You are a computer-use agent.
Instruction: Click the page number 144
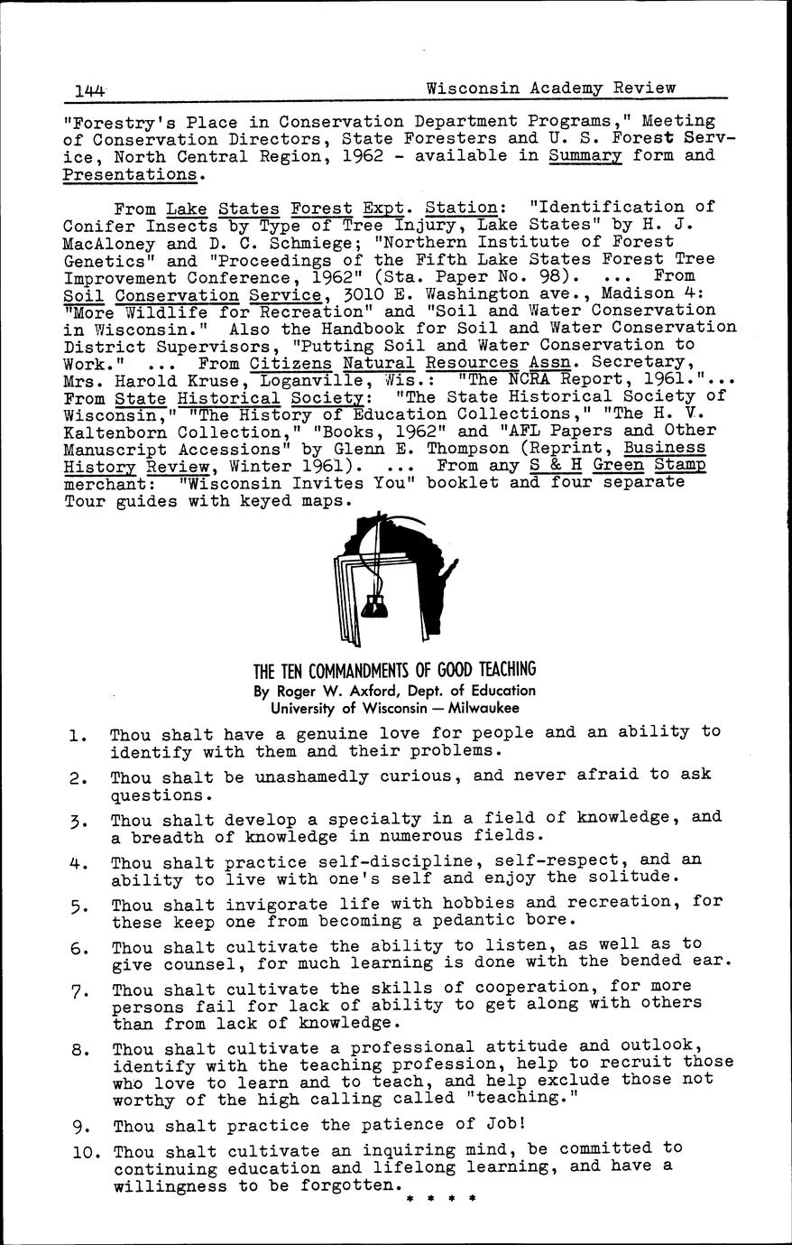click(x=90, y=89)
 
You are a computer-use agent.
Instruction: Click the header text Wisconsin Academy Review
click(x=550, y=88)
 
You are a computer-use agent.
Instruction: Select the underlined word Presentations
click(x=129, y=172)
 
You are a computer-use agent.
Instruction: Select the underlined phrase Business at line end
click(x=665, y=448)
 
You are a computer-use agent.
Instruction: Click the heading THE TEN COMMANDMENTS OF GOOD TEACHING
click(x=394, y=670)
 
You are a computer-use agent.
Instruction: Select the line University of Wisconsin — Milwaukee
click(x=395, y=709)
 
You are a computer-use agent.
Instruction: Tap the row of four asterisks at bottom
click(x=441, y=1200)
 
